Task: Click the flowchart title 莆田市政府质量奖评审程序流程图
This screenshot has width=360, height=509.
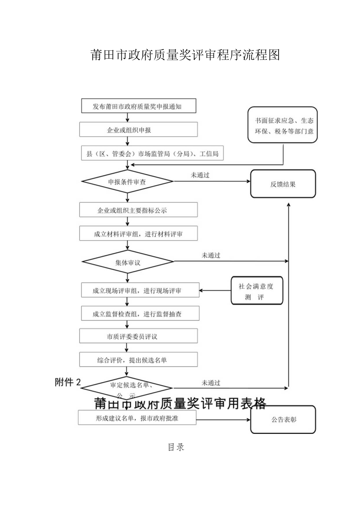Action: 185,55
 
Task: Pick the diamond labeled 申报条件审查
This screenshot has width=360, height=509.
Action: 128,182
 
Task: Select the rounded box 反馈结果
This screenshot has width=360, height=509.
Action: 283,184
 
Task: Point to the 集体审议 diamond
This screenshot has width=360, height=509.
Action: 128,262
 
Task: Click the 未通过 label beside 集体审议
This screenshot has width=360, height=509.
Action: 211,255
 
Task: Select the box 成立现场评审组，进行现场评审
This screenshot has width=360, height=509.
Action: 140,291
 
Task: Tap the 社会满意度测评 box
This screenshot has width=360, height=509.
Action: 256,291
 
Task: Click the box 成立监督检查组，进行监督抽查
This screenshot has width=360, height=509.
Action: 140,314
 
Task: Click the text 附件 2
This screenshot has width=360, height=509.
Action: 68,383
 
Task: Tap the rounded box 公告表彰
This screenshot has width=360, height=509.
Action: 283,419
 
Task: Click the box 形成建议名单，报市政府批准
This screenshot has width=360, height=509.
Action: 137,418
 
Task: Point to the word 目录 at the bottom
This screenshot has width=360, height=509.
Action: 176,447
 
